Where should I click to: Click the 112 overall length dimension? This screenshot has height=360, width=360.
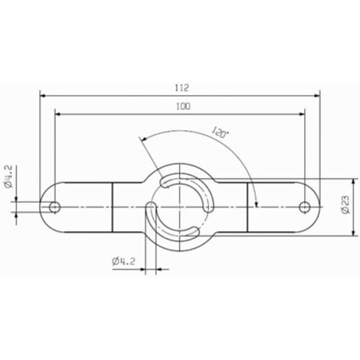pos(180,87)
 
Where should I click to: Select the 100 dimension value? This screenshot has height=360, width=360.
pos(181,106)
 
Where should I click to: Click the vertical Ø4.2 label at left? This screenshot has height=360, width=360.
pos(8,177)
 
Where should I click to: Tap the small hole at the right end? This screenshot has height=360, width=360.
pos(306,205)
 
